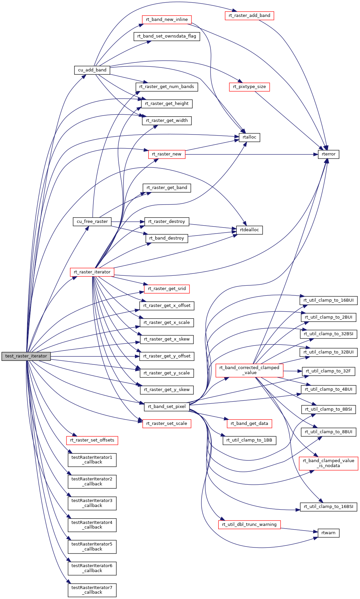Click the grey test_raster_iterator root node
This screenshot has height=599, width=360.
[26, 356]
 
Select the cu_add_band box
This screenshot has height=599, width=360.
[92, 70]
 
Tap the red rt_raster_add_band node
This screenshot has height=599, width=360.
[249, 16]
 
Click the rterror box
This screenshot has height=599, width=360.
[328, 154]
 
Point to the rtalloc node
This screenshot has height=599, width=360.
[249, 137]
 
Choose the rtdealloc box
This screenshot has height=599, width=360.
[249, 230]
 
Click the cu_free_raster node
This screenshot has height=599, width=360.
[92, 222]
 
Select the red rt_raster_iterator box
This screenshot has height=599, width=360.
[92, 272]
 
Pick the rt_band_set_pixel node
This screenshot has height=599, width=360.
[167, 407]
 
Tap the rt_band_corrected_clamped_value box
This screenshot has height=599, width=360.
[249, 370]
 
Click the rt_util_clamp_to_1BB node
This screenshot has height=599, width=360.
[249, 440]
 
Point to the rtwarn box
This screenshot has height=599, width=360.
[328, 533]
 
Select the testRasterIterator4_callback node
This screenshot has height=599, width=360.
[92, 525]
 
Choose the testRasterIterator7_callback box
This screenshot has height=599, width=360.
[92, 590]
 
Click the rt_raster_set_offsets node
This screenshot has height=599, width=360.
[92, 440]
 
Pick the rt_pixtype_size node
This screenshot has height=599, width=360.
[249, 87]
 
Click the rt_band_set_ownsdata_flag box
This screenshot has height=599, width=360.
[167, 36]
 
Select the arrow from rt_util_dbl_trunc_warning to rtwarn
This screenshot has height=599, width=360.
[299, 530]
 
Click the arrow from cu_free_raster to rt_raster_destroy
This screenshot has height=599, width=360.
[128, 222]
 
